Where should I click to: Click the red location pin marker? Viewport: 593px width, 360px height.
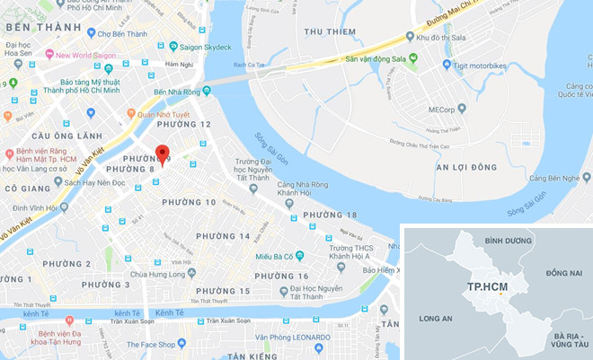tap(161, 154)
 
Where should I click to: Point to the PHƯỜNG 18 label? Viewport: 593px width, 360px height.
tap(330, 215)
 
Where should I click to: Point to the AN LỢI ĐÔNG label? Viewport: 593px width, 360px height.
tap(466, 168)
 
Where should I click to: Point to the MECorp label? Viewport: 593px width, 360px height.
tap(442, 110)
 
